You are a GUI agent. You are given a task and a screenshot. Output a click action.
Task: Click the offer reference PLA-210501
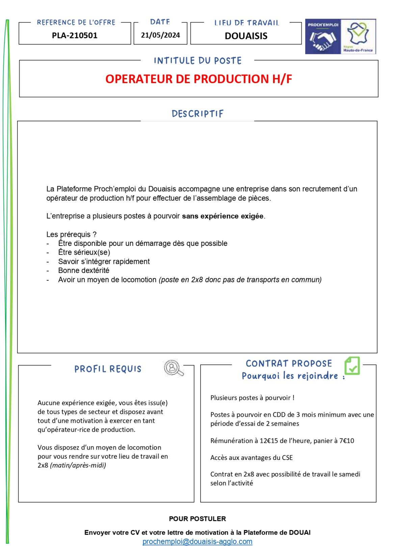[75, 35]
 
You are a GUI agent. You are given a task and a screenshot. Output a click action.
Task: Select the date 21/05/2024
[160, 35]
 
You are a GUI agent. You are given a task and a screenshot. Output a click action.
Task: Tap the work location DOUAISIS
[246, 36]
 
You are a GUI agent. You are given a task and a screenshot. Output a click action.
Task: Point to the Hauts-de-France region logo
[358, 36]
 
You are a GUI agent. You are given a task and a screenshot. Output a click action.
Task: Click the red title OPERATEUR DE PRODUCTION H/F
[199, 79]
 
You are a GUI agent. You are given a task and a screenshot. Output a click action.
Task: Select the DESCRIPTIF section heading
[197, 114]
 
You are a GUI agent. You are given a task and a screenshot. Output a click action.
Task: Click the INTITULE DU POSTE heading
[197, 61]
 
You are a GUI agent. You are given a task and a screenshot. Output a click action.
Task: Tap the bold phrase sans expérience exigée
[223, 216]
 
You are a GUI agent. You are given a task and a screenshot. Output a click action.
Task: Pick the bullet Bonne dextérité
[84, 271]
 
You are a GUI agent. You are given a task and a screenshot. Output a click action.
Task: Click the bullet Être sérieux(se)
[84, 252]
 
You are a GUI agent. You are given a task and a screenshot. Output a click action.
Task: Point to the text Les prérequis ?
[71, 234]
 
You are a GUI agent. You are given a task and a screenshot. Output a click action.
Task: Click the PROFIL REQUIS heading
[108, 369]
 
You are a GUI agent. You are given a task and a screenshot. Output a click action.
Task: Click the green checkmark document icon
[352, 366]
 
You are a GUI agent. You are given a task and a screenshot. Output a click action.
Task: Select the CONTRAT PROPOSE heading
[289, 364]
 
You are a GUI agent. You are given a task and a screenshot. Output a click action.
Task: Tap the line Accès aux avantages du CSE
[252, 458]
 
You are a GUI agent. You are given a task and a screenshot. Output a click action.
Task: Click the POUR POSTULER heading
[197, 519]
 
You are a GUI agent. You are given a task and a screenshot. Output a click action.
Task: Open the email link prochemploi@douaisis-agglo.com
[197, 542]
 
